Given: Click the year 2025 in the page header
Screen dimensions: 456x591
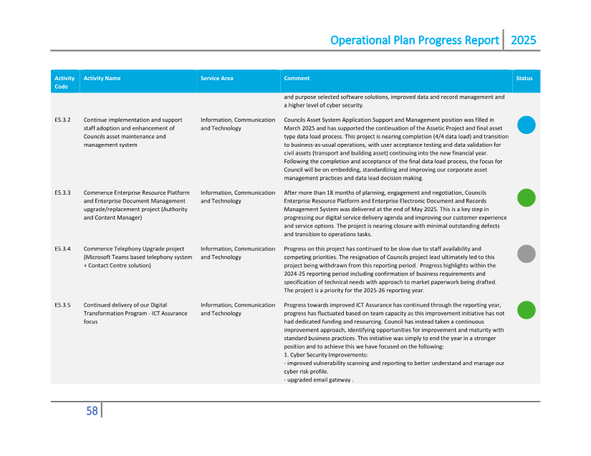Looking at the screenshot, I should pyautogui.click(x=523, y=40).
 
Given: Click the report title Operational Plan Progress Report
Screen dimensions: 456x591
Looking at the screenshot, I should pyautogui.click(x=414, y=40).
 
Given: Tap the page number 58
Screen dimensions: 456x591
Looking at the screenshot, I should pyautogui.click(x=92, y=411).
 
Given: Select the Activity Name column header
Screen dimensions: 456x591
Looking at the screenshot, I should pyautogui.click(x=102, y=78).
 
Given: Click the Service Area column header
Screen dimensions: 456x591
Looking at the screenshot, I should pyautogui.click(x=216, y=78).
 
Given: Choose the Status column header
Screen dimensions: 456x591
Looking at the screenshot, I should pyautogui.click(x=524, y=78).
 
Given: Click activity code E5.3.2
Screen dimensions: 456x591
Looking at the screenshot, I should pyautogui.click(x=62, y=120).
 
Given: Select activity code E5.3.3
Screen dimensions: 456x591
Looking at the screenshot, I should pyautogui.click(x=62, y=193).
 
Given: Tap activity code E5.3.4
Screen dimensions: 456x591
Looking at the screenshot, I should pyautogui.click(x=62, y=248).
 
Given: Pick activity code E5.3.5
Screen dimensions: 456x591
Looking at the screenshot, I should pyautogui.click(x=62, y=304).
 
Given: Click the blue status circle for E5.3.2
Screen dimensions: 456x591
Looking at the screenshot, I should pyautogui.click(x=527, y=125).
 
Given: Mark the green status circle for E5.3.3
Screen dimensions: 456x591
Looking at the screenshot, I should pyautogui.click(x=527, y=198).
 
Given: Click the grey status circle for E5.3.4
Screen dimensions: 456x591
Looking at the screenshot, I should pyautogui.click(x=527, y=253).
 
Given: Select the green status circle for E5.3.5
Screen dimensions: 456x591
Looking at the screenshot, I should pyautogui.click(x=527, y=309).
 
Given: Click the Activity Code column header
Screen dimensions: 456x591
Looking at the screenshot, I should pyautogui.click(x=64, y=82).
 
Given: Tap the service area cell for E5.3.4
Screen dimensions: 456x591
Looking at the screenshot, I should pyautogui.click(x=238, y=253).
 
